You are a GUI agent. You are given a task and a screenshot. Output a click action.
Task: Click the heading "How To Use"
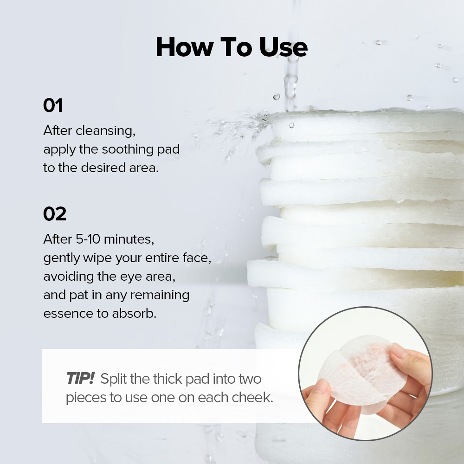coord(232,47)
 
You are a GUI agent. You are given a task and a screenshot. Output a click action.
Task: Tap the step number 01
coord(53,105)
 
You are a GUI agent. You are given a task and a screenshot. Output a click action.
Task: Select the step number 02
coord(55,213)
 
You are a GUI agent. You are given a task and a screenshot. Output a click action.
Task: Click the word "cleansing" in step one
coord(105,131)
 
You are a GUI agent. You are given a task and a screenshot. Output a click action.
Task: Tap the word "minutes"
coord(129,239)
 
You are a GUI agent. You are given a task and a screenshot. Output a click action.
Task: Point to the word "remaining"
coord(160,295)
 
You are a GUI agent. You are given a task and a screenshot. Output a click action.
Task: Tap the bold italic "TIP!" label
coord(80,378)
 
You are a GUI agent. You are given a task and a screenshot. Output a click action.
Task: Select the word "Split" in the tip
coord(114,379)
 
